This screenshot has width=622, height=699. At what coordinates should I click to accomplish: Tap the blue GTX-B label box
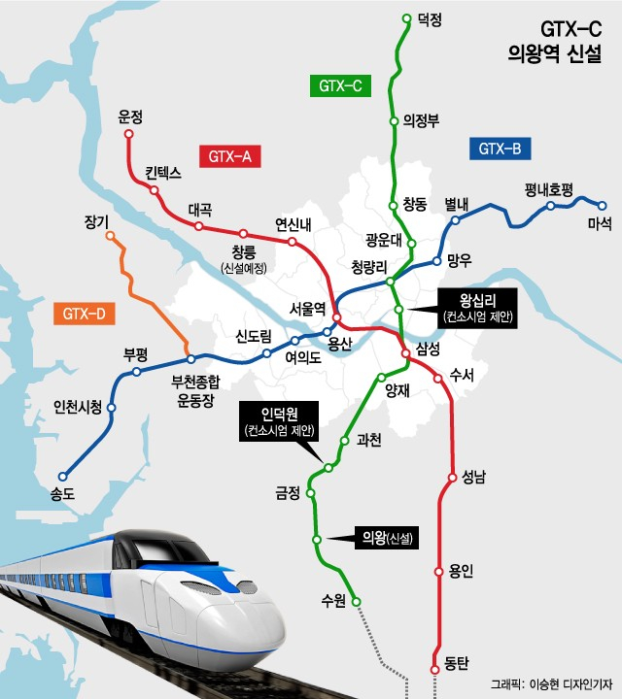coord(500,149)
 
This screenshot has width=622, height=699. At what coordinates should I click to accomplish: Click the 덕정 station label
coord(429,18)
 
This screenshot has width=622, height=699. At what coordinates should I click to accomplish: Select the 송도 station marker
coord(63,477)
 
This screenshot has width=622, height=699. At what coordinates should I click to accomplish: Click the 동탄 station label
coord(456,664)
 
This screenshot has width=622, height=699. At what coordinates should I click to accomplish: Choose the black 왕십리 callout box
coord(476,307)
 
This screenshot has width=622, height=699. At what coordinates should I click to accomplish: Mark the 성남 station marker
coord(451,478)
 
